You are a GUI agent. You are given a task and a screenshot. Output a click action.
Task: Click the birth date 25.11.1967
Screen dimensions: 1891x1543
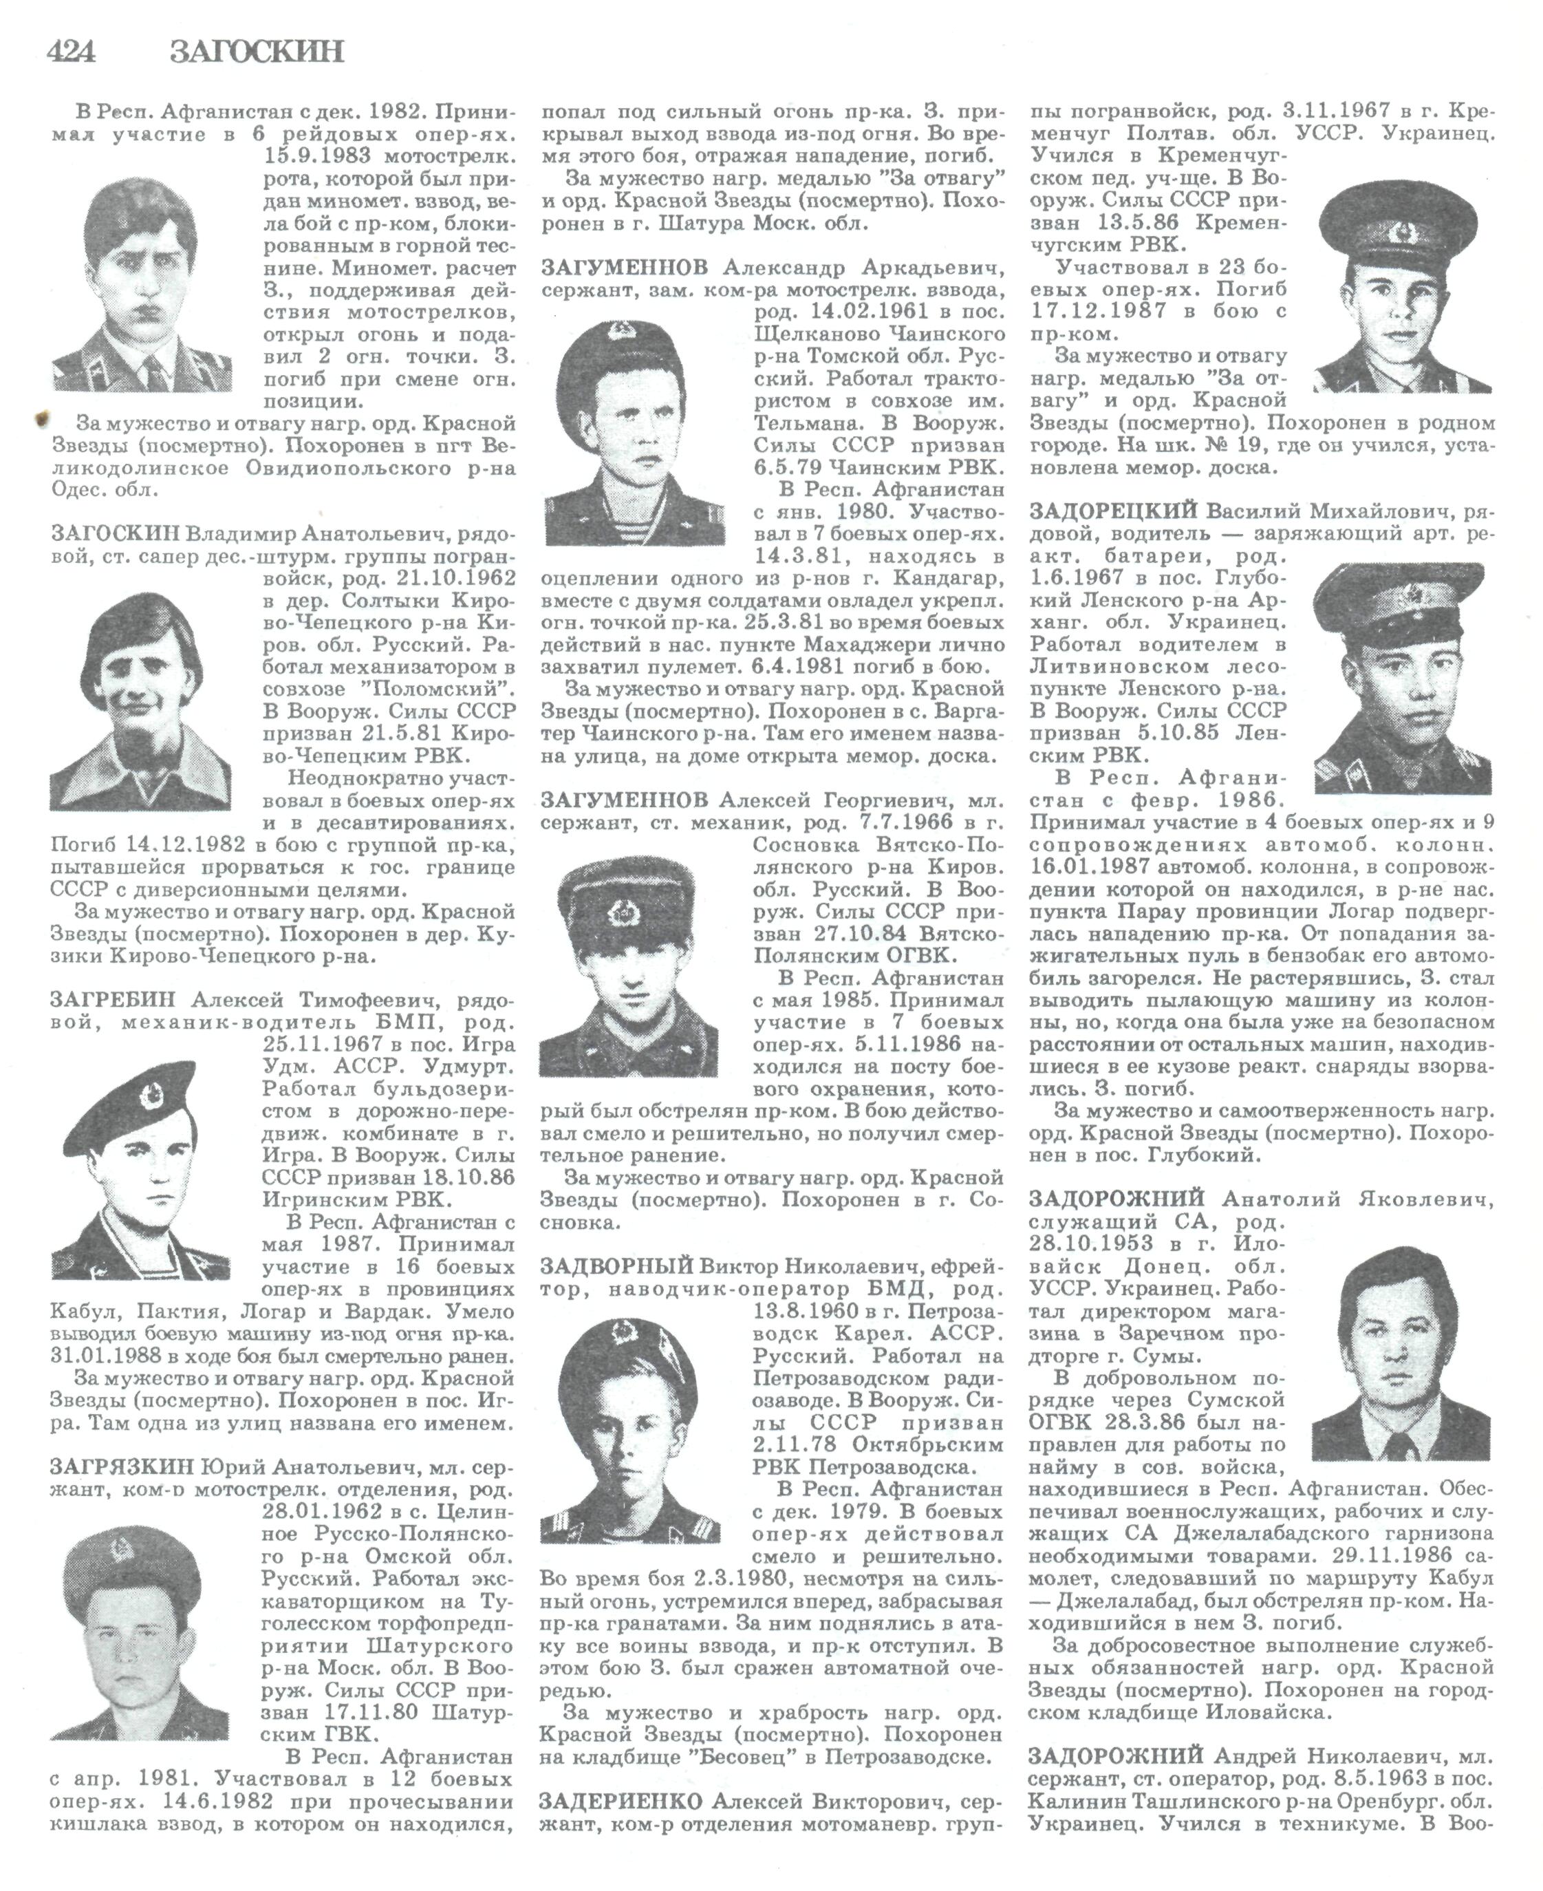pyautogui.click(x=323, y=1044)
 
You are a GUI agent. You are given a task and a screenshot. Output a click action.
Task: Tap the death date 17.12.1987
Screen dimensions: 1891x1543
pyautogui.click(x=1095, y=311)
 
